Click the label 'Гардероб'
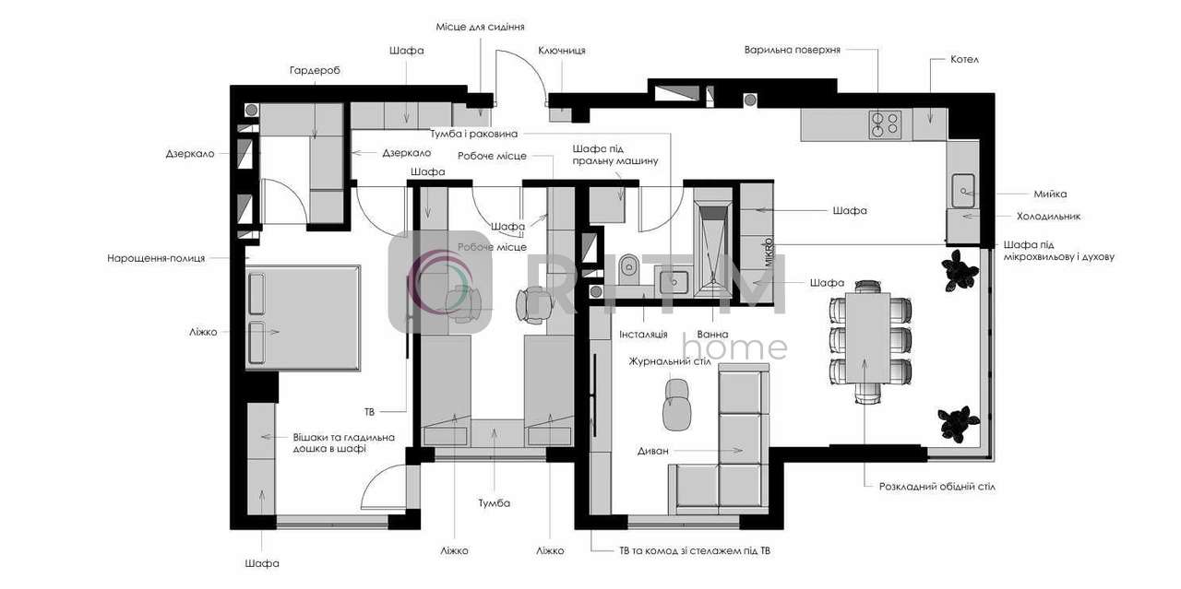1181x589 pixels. (x=315, y=70)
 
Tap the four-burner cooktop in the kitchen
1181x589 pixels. (x=885, y=124)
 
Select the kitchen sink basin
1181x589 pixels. (x=964, y=190)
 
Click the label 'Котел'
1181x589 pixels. (x=964, y=60)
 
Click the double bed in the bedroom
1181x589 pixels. (x=304, y=318)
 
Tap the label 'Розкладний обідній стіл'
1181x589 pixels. (x=936, y=487)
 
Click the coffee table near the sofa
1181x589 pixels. (x=677, y=406)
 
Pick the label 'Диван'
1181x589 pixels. (x=652, y=451)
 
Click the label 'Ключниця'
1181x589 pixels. (x=562, y=51)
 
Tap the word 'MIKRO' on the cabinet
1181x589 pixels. (x=769, y=252)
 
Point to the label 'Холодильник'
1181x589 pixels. (x=1048, y=216)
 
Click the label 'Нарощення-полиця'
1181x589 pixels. (x=156, y=258)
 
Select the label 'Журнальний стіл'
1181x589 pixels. (x=670, y=361)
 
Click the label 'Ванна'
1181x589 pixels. (x=712, y=334)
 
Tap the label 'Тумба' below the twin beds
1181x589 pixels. (x=494, y=503)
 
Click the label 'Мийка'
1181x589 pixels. (x=1050, y=194)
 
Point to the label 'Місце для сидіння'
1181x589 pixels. (x=480, y=27)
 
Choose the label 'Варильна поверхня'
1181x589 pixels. (x=792, y=50)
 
